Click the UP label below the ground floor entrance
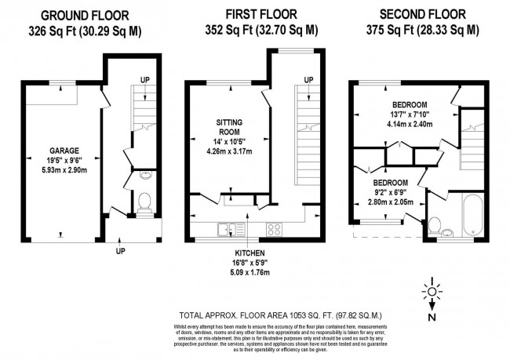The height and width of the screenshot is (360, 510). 120,251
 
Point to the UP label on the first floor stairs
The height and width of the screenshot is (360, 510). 308,79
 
